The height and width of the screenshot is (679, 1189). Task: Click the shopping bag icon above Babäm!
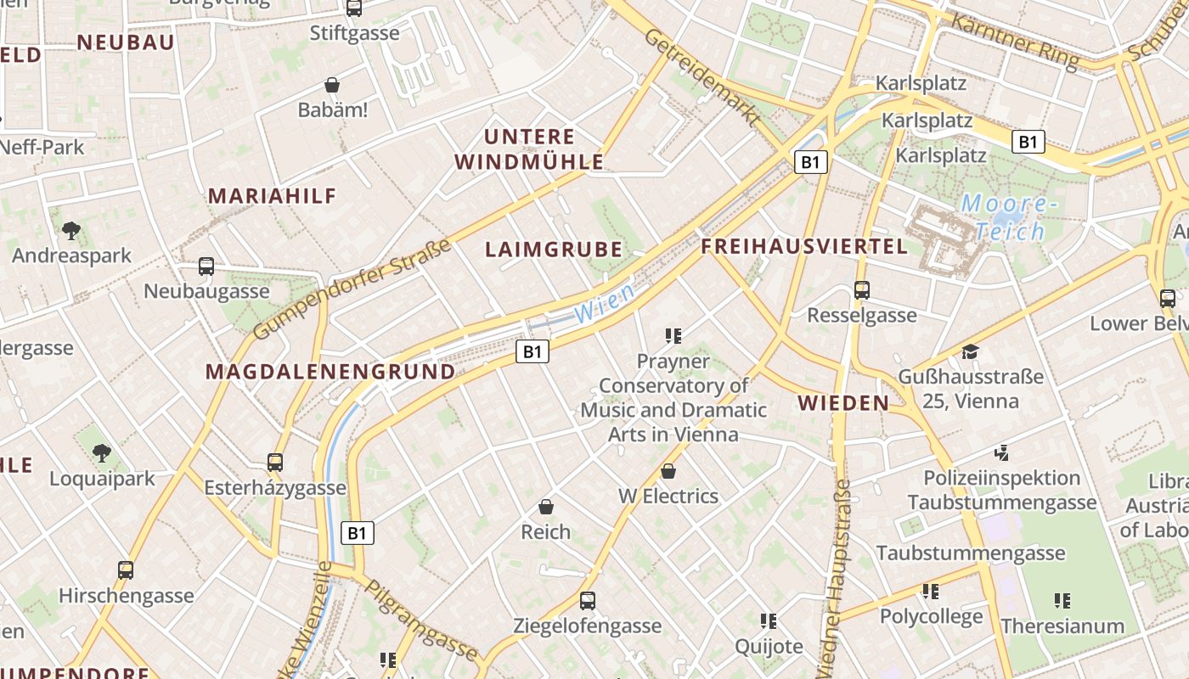332,85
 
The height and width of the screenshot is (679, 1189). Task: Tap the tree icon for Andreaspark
71,230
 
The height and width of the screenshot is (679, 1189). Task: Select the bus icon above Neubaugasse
206,267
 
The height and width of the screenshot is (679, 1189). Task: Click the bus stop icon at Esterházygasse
275,463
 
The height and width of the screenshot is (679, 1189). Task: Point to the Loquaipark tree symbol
102,453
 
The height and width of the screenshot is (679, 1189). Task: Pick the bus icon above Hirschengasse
126,570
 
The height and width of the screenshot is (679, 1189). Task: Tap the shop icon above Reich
546,507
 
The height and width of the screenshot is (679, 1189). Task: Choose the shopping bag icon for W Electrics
668,471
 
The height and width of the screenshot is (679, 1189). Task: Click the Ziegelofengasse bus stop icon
587,601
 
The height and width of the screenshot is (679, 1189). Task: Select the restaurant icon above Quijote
769,621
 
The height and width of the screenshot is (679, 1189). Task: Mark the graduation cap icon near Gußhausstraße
970,351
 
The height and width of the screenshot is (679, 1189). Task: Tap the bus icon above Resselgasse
862,290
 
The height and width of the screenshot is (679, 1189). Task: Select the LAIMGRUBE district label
554,250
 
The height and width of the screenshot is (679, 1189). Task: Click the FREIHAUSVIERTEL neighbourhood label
804,247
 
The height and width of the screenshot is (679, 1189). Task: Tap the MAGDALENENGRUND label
330,372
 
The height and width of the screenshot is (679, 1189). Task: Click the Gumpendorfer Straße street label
352,289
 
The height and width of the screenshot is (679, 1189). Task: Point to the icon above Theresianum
1062,601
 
